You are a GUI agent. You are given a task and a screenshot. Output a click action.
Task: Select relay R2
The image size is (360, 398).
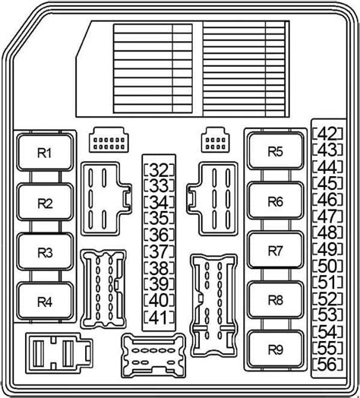click(46, 203)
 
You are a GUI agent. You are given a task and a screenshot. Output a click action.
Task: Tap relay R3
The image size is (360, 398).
click(46, 252)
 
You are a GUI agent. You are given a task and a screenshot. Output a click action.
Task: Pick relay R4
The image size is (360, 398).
click(46, 302)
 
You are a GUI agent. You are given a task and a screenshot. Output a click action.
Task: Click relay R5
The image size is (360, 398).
click(274, 152)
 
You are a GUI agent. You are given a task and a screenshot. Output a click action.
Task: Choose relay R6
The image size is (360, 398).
click(274, 202)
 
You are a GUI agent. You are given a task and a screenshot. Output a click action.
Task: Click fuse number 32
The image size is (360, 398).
click(159, 169)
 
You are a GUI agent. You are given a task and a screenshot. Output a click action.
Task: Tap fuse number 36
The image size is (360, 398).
click(159, 234)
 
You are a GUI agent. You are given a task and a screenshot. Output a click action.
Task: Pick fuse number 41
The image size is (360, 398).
click(159, 317)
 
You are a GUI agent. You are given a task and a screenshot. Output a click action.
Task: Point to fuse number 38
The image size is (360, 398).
click(159, 267)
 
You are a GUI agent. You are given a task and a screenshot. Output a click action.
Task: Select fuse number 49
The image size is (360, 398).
click(330, 248)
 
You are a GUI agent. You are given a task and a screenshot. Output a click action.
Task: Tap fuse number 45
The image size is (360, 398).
click(330, 182)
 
